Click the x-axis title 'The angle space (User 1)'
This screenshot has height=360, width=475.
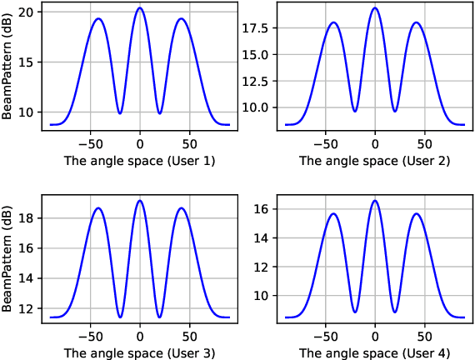click(x=140, y=160)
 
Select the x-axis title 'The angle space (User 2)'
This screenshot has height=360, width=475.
click(x=375, y=160)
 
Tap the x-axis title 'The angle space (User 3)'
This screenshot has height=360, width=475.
click(x=140, y=352)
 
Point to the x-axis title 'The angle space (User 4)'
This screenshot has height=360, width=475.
click(x=375, y=352)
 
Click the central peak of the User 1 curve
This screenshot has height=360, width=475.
click(x=140, y=8)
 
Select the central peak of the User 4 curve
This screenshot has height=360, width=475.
click(x=375, y=201)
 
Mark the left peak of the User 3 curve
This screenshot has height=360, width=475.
click(x=98, y=208)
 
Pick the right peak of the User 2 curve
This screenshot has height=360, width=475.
click(x=417, y=22)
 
